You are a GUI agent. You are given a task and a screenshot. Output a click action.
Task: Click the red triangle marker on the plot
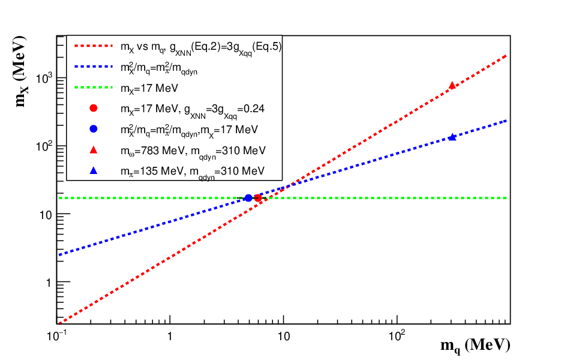point(452,85)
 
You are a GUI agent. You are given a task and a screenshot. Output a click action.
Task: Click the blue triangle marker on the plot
point(452,137)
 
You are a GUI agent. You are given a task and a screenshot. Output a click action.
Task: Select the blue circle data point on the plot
point(248,198)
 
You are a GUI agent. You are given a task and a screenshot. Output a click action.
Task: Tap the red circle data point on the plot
point(258,198)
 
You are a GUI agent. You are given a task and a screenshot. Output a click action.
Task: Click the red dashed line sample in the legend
point(94,46)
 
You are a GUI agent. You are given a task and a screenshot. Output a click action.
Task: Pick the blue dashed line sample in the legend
point(94,67)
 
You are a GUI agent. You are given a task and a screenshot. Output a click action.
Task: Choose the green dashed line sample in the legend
point(94,88)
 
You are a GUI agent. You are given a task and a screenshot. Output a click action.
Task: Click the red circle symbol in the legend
point(94,108)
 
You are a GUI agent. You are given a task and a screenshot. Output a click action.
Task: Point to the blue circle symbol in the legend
point(94,128)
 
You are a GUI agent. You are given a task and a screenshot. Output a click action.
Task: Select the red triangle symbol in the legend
point(94,149)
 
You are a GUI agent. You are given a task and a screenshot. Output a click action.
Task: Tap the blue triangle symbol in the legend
point(94,170)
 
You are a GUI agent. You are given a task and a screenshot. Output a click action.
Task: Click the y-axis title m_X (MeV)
point(21,71)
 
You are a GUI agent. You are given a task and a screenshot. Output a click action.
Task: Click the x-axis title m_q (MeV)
point(475,346)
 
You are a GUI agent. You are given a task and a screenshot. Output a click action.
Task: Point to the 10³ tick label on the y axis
point(44,77)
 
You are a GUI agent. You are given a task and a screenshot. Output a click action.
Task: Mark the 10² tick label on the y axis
point(44,146)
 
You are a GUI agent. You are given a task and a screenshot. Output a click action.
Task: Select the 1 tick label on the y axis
point(49,283)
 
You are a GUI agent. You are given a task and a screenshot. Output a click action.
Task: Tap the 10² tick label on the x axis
point(397,336)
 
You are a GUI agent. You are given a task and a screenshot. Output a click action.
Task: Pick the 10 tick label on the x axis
point(284,337)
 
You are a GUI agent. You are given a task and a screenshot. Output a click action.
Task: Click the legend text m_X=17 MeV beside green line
point(149,89)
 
